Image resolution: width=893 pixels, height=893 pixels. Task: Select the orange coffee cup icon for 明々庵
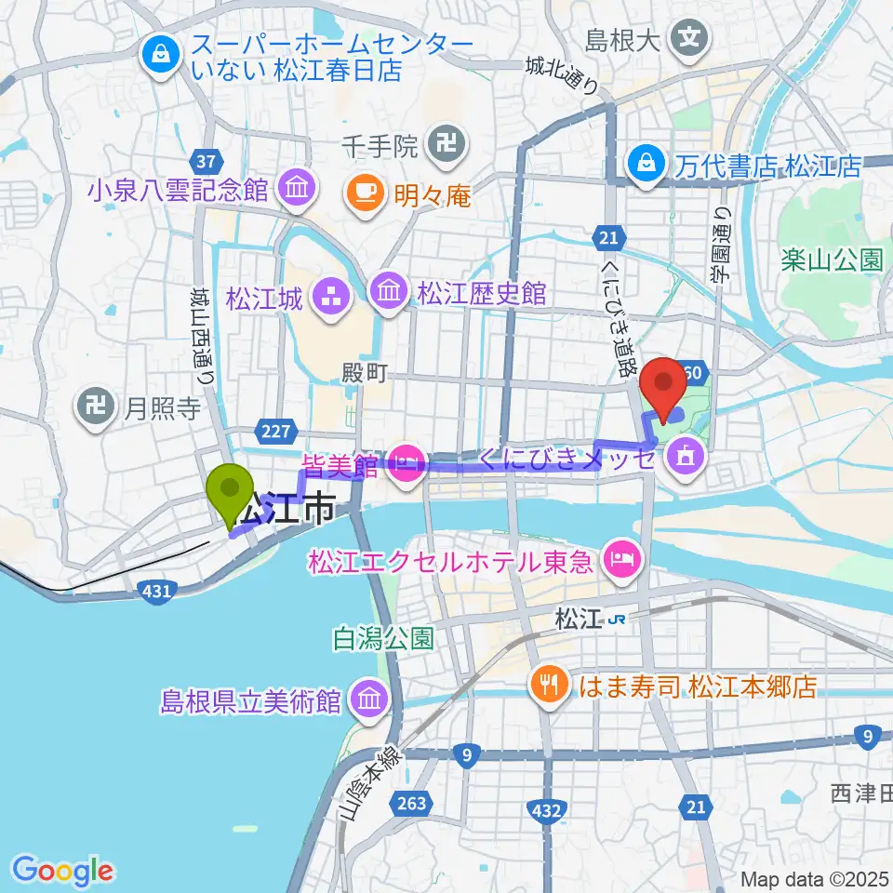pyautogui.click(x=360, y=193)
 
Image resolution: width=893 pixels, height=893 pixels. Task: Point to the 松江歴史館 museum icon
pyautogui.click(x=386, y=294)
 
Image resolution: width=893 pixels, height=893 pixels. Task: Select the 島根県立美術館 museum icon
pyautogui.click(x=370, y=700)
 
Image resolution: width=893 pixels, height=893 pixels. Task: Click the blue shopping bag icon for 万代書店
pyautogui.click(x=644, y=166)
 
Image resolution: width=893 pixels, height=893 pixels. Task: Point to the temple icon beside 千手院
pyautogui.click(x=439, y=142)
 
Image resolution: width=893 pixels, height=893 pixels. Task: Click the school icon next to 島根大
pyautogui.click(x=691, y=39)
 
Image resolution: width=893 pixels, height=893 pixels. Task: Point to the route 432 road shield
pyautogui.click(x=548, y=811)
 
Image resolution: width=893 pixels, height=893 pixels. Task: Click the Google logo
pyautogui.click(x=62, y=872)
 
